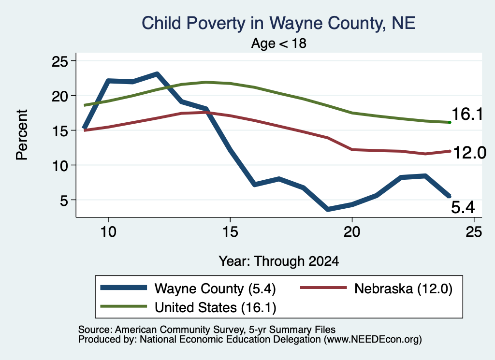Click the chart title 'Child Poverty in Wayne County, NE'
[278, 23]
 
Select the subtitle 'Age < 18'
[279, 43]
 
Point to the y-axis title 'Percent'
[22, 135]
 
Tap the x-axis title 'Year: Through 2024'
[279, 261]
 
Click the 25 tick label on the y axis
[60, 61]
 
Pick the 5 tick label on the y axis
[64, 200]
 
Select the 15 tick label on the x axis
[230, 232]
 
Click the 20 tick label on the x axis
[352, 232]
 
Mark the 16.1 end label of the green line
[467, 114]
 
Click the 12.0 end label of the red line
[469, 153]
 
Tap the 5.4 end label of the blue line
[463, 207]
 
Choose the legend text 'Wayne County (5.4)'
[215, 288]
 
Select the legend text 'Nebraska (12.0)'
[403, 288]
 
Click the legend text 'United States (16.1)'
[215, 307]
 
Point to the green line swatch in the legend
[123, 306]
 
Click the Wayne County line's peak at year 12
[157, 74]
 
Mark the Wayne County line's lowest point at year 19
[328, 209]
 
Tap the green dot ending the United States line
[450, 122]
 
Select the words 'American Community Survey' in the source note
[180, 330]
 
